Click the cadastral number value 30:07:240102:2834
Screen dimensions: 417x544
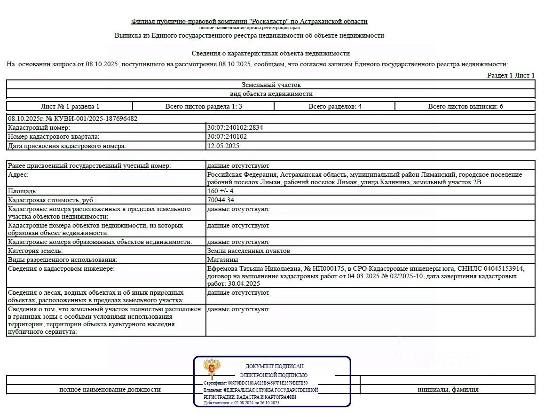[232, 127]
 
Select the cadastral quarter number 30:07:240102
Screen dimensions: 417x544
[227, 137]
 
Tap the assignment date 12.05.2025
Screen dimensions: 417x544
[223, 146]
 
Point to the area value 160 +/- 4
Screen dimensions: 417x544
[220, 191]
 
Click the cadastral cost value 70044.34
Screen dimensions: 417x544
[221, 200]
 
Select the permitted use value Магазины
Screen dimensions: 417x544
[222, 260]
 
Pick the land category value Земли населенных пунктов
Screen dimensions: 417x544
[248, 251]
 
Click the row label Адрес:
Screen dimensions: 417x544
[18, 174]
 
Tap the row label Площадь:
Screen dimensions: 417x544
[23, 191]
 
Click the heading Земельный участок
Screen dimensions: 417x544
[271, 85]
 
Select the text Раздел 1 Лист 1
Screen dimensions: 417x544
[511, 75]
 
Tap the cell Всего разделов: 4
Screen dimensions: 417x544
[335, 106]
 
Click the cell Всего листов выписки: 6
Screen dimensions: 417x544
[465, 106]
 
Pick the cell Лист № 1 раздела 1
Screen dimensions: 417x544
[70, 106]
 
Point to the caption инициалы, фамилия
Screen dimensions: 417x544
[448, 389]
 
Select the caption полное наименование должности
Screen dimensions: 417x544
[110, 389]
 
